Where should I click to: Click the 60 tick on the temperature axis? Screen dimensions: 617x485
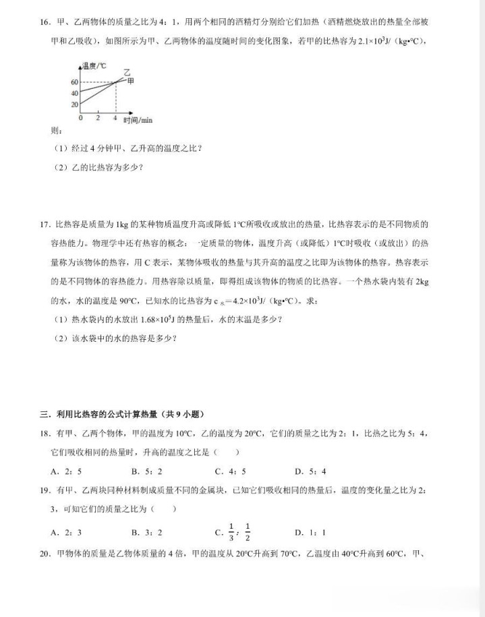point(74,82)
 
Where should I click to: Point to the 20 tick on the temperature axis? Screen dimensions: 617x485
point(74,105)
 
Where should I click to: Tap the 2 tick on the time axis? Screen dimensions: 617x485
point(98,118)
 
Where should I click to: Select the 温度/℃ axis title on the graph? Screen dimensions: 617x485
point(93,66)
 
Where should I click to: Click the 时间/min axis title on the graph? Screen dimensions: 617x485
point(138,119)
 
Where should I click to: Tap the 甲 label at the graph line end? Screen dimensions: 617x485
point(131,81)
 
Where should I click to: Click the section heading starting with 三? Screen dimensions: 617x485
point(121,414)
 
